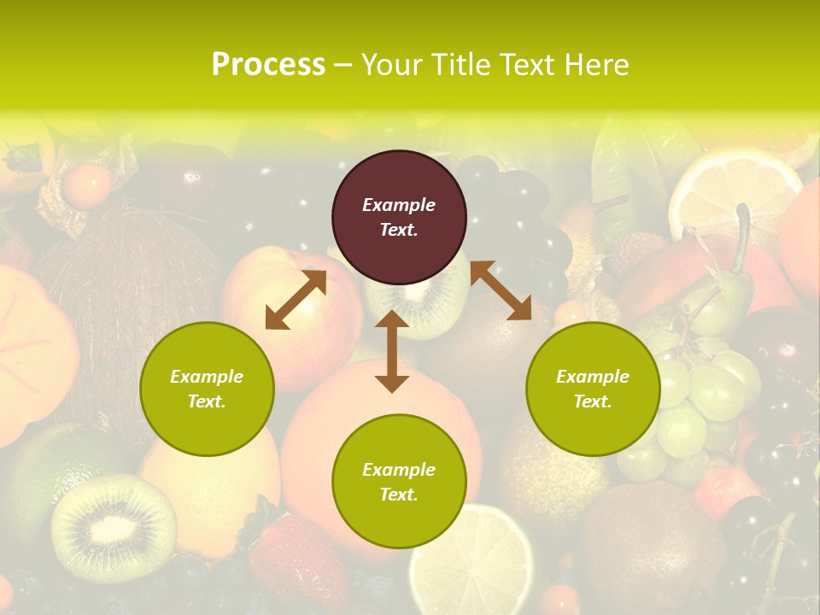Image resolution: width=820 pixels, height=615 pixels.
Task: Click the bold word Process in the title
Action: pyautogui.click(x=268, y=65)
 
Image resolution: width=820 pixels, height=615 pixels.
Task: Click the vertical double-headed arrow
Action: pyautogui.click(x=392, y=351)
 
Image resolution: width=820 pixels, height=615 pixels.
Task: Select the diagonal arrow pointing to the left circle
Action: pyautogui.click(x=296, y=300)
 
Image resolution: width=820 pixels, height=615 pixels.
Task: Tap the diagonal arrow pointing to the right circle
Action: pyautogui.click(x=501, y=290)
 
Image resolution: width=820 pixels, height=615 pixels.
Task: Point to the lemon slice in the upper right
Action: pyautogui.click(x=735, y=192)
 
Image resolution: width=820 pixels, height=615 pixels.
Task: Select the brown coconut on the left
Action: pyautogui.click(x=128, y=290)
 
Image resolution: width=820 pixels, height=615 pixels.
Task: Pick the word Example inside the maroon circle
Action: pyautogui.click(x=399, y=205)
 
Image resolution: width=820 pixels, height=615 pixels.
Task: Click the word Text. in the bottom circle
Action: pyautogui.click(x=399, y=495)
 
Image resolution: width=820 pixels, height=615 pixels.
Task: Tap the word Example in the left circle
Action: pyautogui.click(x=207, y=377)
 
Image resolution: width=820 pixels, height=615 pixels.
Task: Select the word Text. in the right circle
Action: pyautogui.click(x=593, y=401)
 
